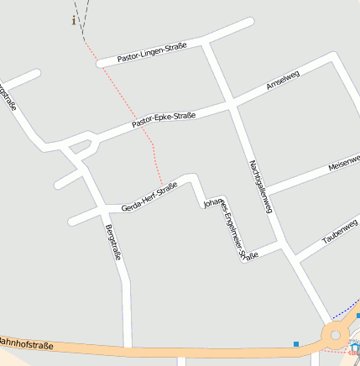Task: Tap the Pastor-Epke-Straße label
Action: coord(164,119)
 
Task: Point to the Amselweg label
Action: coord(282,81)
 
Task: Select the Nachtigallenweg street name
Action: coord(261,186)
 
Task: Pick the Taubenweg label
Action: coord(340,236)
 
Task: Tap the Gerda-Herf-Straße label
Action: coord(149,196)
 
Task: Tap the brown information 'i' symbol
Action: coord(74,20)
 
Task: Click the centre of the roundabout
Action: coord(337,337)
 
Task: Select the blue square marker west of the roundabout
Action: coord(296,343)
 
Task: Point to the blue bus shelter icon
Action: coord(355,348)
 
